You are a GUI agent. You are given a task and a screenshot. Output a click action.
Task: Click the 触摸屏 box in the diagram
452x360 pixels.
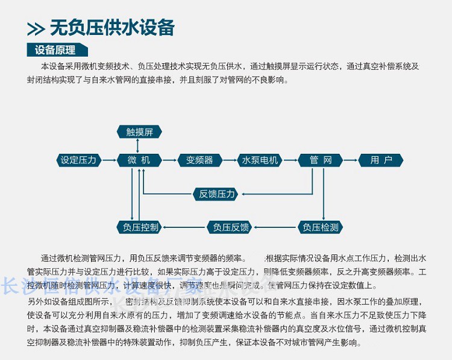pyautogui.click(x=139, y=132)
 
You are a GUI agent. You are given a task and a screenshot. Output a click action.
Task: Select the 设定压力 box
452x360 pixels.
pyautogui.click(x=78, y=160)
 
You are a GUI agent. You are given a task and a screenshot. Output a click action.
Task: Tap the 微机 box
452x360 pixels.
pyautogui.click(x=139, y=160)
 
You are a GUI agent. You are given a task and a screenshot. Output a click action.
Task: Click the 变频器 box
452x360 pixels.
pyautogui.click(x=199, y=160)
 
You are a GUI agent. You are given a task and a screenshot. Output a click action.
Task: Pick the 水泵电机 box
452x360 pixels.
pyautogui.click(x=260, y=160)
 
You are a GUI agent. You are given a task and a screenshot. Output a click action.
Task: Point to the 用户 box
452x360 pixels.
pyautogui.click(x=381, y=160)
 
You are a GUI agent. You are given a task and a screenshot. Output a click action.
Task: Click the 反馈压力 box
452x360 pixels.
pyautogui.click(x=217, y=194)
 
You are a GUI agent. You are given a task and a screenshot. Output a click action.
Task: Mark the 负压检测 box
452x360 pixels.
pyautogui.click(x=321, y=227)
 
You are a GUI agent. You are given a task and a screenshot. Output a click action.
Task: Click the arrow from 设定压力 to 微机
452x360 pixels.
pyautogui.click(x=109, y=160)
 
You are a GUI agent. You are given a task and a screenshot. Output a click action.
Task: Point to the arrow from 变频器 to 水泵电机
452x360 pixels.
pyautogui.click(x=230, y=160)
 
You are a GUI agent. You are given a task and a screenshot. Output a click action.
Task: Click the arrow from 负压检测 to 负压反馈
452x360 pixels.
pyautogui.click(x=274, y=227)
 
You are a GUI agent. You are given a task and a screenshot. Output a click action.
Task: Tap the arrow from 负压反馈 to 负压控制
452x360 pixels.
pyautogui.click(x=184, y=227)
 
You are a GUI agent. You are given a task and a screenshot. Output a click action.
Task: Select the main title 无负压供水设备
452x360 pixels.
pyautogui.click(x=112, y=28)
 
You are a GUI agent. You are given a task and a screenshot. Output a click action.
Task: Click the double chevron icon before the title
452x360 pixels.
pyautogui.click(x=36, y=29)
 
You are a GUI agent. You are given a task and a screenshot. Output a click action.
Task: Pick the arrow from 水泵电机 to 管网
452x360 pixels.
pyautogui.click(x=290, y=160)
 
